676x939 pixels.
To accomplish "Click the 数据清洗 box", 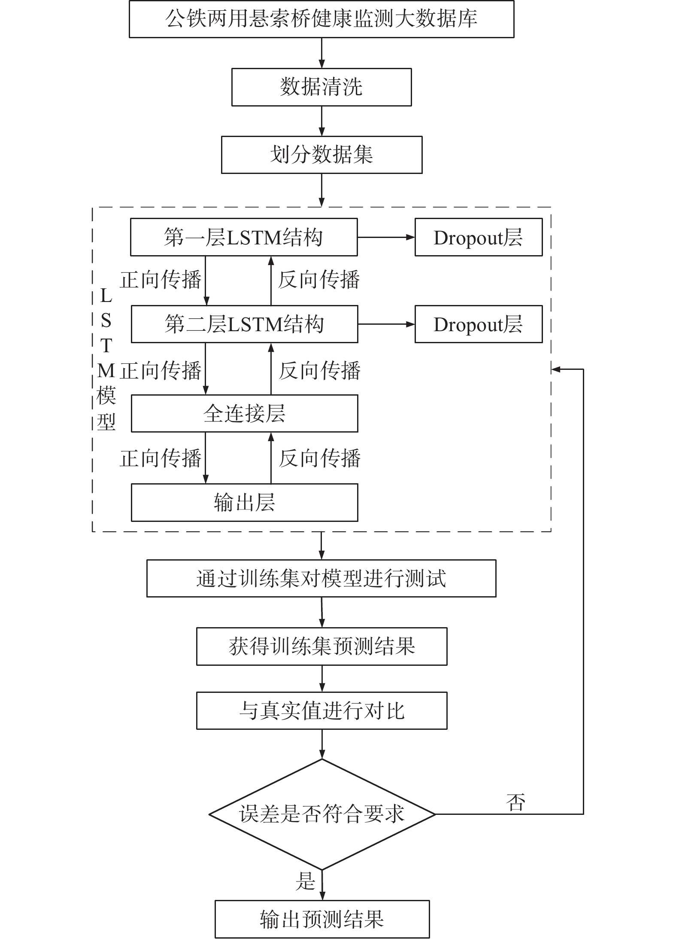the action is (321, 87).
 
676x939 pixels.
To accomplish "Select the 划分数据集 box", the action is (321, 155).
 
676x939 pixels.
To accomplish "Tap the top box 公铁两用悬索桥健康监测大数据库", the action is (321, 19).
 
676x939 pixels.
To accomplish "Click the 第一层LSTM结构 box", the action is (244, 237).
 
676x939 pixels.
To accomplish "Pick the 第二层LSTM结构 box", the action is (244, 324).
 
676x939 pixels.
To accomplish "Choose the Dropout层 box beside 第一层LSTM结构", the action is (479, 237).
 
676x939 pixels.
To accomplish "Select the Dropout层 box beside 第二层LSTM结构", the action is (479, 324).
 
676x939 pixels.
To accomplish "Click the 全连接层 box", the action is (244, 413).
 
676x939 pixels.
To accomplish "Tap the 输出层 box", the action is (244, 503).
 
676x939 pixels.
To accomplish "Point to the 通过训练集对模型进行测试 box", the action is (321, 578).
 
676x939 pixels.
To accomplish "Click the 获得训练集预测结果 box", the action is (321, 646).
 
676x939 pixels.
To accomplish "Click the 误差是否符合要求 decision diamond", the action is (322, 814).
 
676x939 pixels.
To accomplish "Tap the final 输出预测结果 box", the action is (322, 919).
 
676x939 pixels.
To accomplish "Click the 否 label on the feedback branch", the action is (515, 802).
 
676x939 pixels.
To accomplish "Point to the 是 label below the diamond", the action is (305, 880).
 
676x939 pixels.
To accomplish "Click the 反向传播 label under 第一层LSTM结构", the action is (318, 280).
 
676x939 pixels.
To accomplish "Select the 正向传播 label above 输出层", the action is (161, 458).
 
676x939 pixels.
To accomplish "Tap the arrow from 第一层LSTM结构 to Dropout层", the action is (386, 237).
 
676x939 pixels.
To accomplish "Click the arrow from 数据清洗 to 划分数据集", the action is (321, 121).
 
